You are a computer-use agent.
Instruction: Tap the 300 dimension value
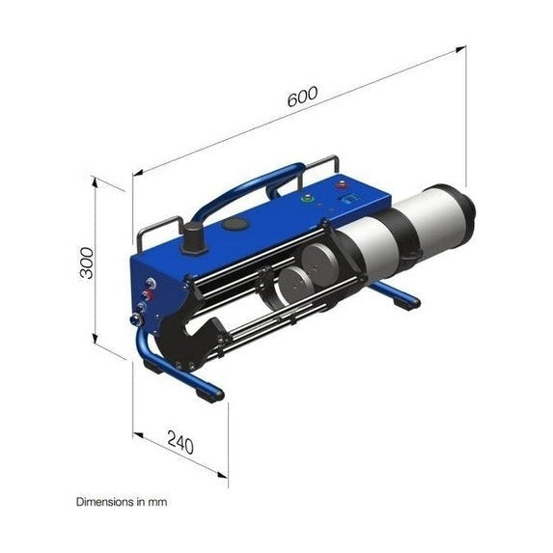point(87,262)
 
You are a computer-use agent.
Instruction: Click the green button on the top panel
point(308,199)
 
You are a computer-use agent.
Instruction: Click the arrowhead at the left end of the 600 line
point(136,175)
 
